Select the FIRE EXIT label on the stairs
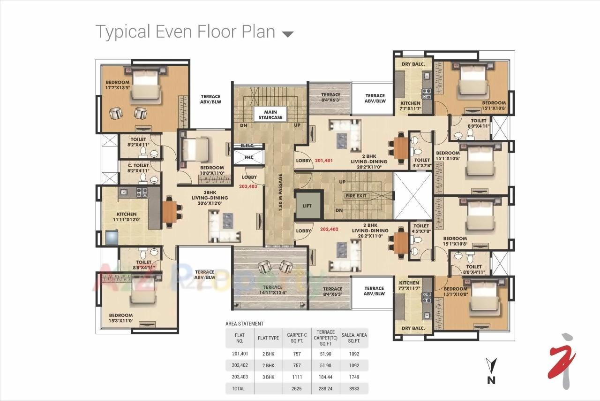(357, 196)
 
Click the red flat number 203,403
(248, 186)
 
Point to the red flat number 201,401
(324, 161)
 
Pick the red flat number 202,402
(329, 230)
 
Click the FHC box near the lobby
(248, 157)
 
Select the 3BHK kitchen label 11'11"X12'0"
(126, 217)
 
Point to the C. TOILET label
(138, 165)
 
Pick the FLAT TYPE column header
(268, 338)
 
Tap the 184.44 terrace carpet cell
(326, 377)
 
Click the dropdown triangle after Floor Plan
(287, 34)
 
